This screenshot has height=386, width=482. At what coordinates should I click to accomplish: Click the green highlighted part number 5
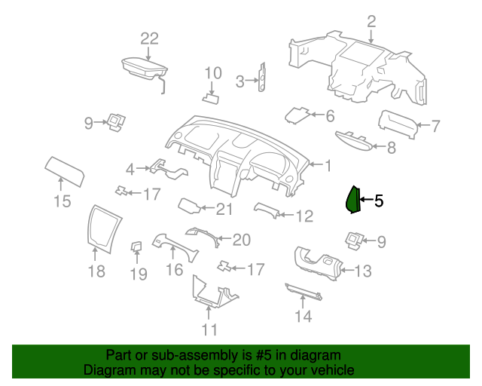click(352, 200)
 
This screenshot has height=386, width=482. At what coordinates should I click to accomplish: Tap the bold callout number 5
click(379, 201)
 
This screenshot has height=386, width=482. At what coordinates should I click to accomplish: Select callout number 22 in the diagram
click(150, 38)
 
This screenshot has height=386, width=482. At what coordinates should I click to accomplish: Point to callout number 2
click(371, 22)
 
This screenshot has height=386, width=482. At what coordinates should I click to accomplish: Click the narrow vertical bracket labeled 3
click(262, 77)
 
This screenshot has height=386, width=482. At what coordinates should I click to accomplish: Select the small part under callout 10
click(211, 100)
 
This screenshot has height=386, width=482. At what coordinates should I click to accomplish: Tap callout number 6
click(330, 116)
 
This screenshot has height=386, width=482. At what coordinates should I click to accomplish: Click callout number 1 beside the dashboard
click(328, 166)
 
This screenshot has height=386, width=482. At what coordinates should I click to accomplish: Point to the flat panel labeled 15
click(65, 171)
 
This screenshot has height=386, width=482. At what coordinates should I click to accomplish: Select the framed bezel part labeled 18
click(104, 228)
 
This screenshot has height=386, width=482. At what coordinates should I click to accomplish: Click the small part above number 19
click(136, 247)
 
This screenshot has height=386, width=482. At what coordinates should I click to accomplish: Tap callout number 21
click(224, 210)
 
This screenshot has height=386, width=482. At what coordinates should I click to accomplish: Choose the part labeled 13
click(319, 263)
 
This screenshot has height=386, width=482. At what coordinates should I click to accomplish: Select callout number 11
click(209, 329)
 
